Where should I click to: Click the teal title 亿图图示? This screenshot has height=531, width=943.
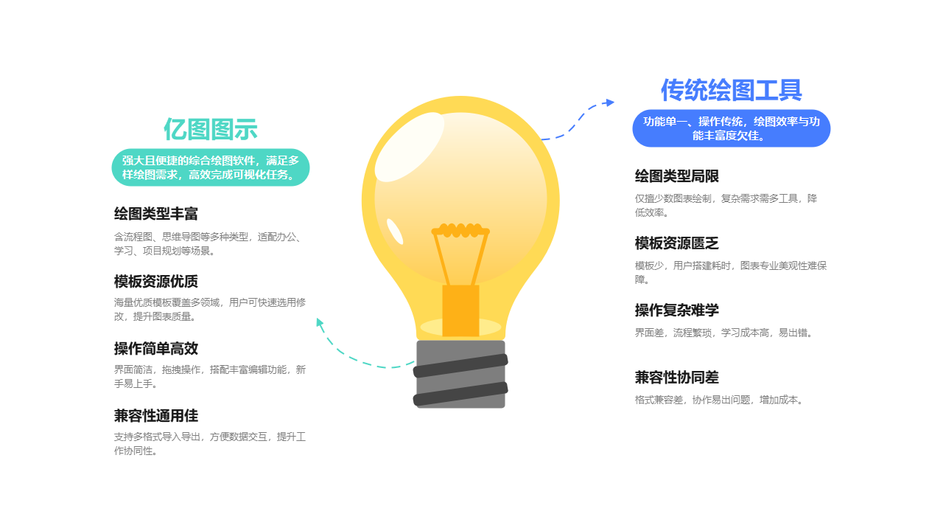211,130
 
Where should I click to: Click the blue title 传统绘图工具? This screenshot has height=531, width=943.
731,91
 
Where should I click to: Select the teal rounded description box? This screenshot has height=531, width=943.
211,167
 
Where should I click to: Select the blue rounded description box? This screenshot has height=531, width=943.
731,128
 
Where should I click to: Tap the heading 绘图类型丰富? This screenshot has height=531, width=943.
156,215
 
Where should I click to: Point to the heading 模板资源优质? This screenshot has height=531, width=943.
156,282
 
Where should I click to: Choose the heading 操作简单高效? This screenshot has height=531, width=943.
156,349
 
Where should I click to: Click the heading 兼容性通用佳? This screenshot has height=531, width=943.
156,416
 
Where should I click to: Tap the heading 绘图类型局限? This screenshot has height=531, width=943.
676,176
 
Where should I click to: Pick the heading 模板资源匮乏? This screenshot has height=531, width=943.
676,243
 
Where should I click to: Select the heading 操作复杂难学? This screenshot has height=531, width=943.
676,310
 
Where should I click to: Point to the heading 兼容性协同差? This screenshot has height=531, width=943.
676,378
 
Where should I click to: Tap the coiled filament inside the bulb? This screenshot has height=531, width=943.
460,230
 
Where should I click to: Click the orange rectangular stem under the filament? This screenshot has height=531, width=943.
460,310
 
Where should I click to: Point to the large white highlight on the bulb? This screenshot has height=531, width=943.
409,147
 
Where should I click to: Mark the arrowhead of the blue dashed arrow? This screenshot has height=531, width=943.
609,103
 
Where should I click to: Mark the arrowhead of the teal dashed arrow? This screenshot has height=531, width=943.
319,322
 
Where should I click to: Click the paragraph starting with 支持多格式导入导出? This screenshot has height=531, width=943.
209,444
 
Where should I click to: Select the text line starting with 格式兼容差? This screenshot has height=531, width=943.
718,400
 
